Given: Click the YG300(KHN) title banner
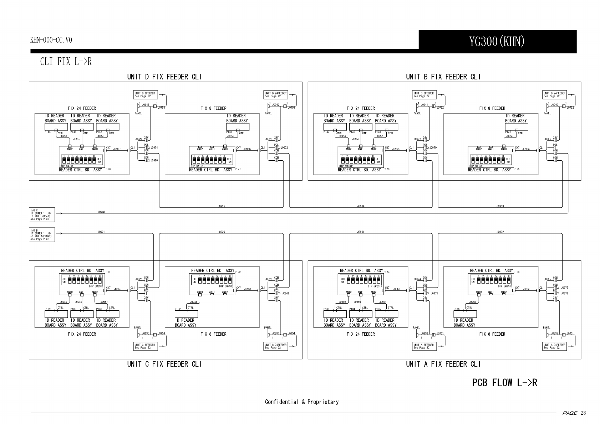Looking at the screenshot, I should [497, 42].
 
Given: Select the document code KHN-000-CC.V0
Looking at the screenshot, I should [51, 40].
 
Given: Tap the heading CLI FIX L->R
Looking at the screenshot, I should [66, 62].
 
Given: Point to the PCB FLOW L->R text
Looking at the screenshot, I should [504, 383].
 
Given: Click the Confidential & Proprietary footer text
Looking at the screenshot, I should [301, 402].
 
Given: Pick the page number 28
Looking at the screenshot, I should [583, 413].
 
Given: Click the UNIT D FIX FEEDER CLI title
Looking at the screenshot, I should [164, 77].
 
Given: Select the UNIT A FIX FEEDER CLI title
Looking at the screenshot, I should [443, 364].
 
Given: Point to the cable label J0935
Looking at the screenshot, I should [221, 206].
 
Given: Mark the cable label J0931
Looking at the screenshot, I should [361, 232].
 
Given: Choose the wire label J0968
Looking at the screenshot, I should [101, 212].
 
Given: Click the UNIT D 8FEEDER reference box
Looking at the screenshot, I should [144, 95].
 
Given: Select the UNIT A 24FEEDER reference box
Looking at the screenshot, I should [554, 346].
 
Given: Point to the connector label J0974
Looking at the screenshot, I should [154, 148].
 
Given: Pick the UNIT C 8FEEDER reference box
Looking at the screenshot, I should [144, 346].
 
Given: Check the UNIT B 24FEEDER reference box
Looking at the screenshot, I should [554, 95].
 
